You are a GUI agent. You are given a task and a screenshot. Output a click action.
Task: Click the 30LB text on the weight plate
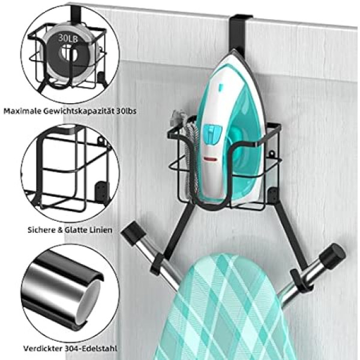coord(68,38)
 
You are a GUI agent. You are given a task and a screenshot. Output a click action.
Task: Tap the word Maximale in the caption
coord(22,111)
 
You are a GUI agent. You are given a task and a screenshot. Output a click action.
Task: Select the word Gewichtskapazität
coord(78,112)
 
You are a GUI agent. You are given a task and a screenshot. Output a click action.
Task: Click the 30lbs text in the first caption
coord(126,111)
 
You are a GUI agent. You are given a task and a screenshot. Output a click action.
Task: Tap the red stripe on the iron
coord(211,158)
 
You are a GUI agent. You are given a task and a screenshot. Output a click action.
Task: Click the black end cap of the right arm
coord(332,256)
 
